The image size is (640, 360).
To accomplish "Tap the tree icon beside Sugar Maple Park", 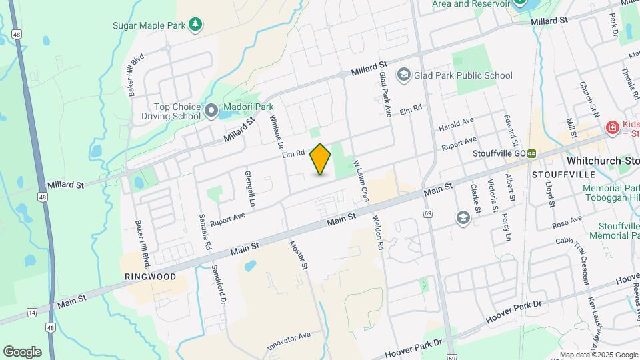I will (x=195, y=25).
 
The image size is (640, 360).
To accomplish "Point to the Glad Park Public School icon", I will (x=403, y=75).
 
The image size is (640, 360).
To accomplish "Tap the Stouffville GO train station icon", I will (x=533, y=153).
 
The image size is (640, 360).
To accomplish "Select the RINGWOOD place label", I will (x=151, y=276).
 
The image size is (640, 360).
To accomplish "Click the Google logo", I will (x=22, y=352).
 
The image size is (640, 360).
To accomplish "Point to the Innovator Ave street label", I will (x=289, y=341).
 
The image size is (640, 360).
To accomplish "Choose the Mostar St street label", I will (x=298, y=254).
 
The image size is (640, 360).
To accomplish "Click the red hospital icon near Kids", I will (x=611, y=127).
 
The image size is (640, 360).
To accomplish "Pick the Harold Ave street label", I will (x=457, y=124).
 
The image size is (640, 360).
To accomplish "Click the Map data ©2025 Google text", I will (x=599, y=355).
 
